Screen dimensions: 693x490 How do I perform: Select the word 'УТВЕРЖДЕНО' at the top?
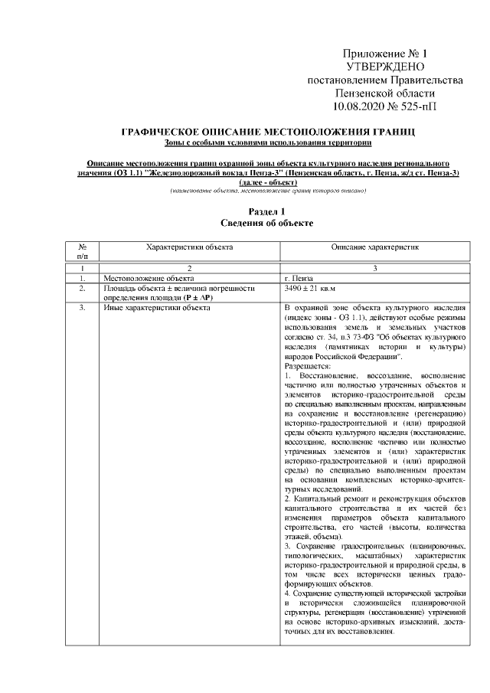point(384,67)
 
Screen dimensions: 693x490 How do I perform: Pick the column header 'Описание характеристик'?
point(374,247)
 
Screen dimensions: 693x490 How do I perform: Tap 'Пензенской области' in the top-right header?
point(384,93)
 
